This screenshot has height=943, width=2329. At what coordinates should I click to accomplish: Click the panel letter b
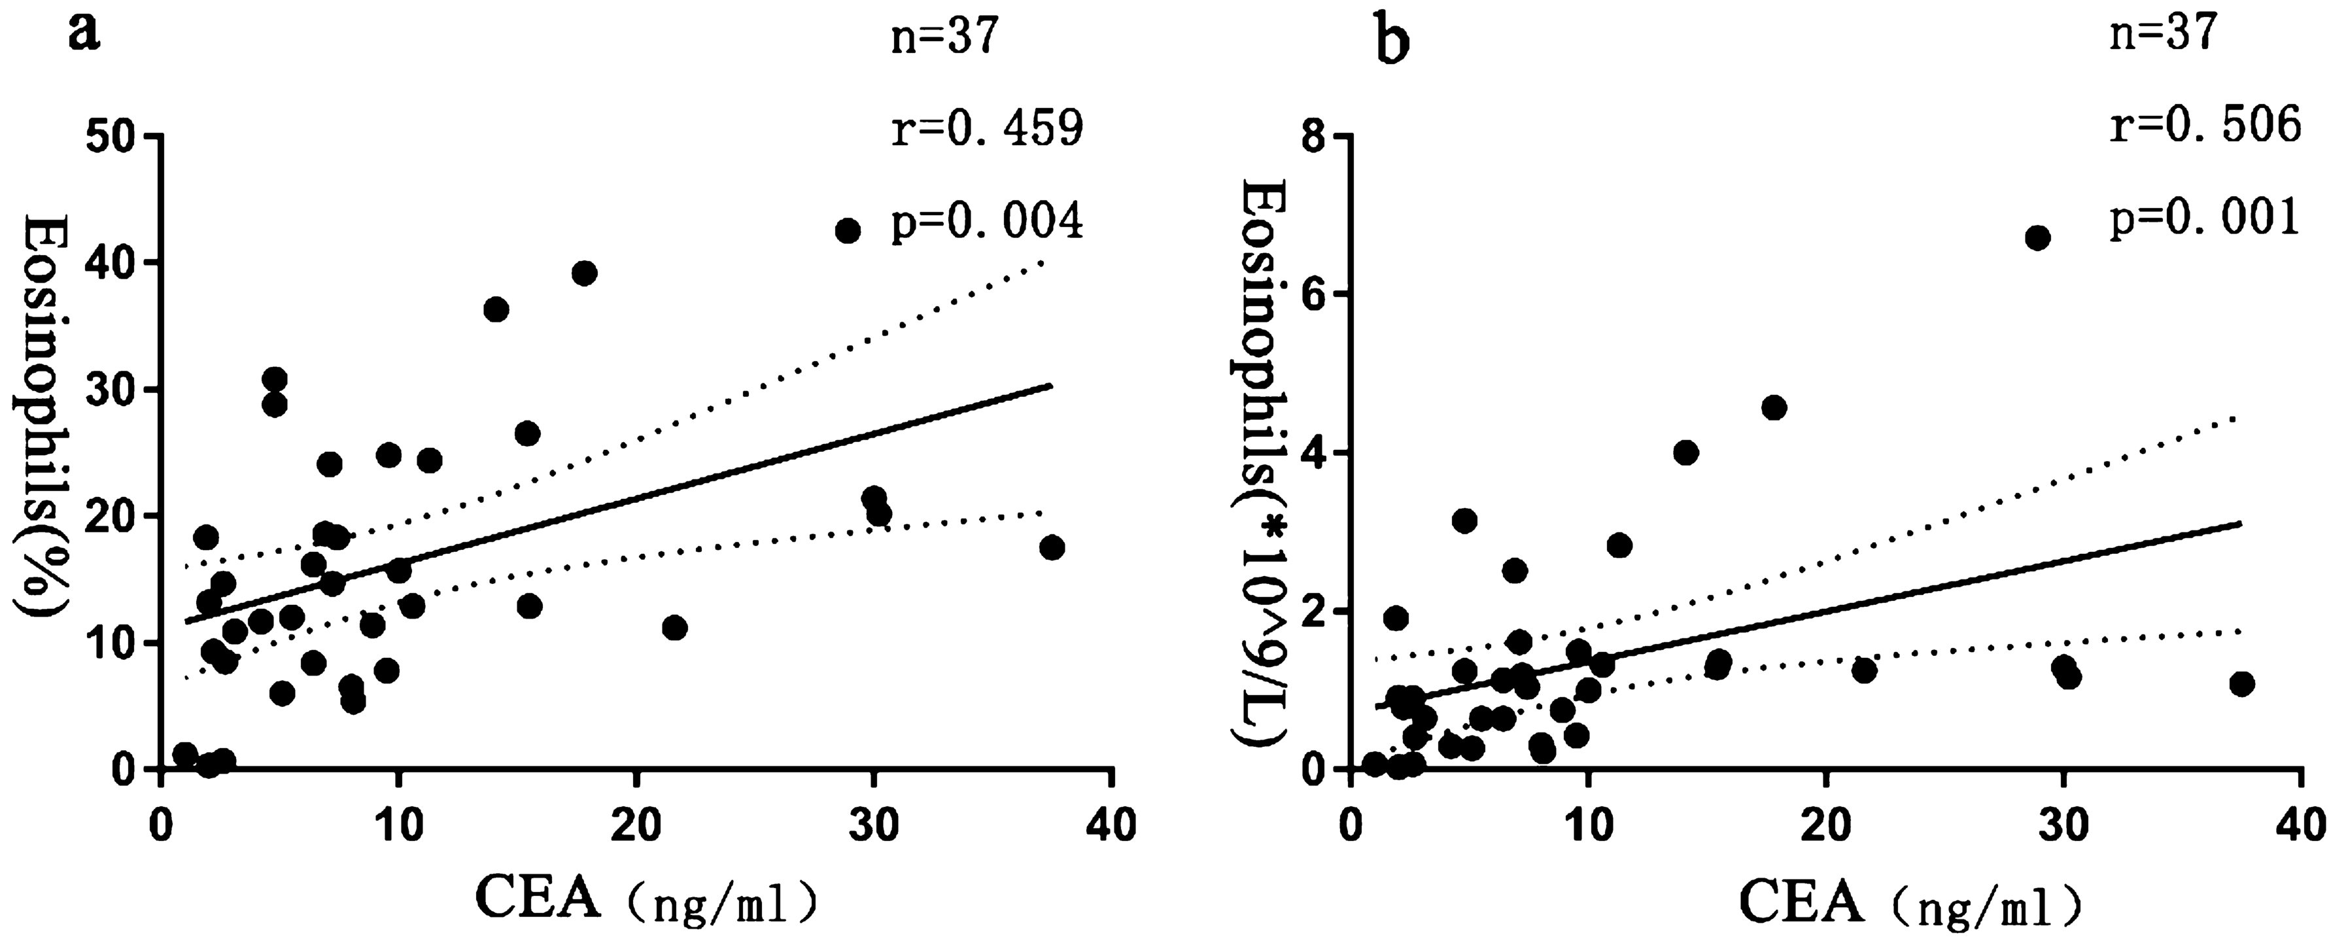point(1392,38)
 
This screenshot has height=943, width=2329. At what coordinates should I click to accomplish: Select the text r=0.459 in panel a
point(986,131)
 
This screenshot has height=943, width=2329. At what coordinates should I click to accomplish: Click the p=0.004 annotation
point(986,222)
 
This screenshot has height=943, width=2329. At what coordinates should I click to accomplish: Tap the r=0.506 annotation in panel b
point(2204,127)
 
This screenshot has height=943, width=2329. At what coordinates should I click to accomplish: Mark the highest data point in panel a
point(847,231)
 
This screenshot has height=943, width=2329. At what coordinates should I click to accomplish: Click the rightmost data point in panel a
point(1052,548)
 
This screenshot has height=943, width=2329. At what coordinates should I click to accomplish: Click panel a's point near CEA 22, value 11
point(674,627)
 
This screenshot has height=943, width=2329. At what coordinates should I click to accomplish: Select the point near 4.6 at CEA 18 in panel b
point(1774,408)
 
